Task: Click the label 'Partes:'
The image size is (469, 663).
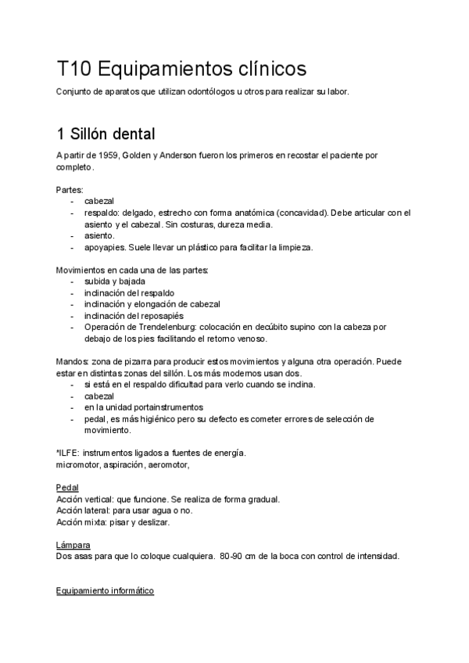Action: (70, 190)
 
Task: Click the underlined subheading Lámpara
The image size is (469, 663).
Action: (73, 545)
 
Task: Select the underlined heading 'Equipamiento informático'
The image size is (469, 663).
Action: (105, 592)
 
